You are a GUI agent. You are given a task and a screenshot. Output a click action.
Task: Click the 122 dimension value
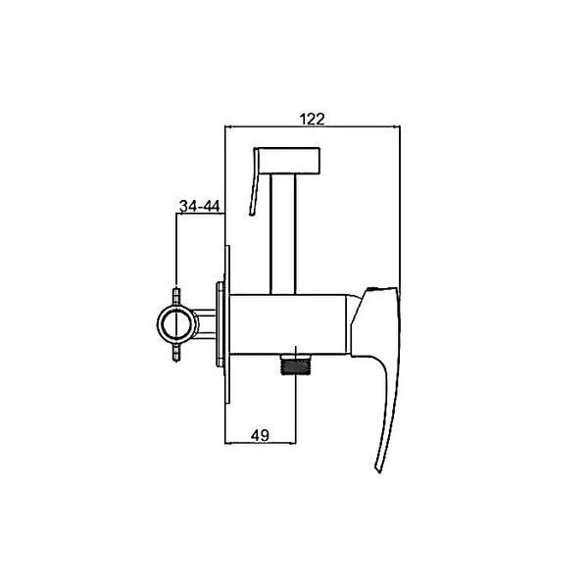tap(312, 119)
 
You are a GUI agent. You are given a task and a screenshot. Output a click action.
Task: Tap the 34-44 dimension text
tap(199, 206)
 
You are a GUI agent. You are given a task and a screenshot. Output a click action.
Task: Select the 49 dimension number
tap(260, 435)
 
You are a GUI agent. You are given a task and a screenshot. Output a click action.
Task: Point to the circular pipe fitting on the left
tap(177, 324)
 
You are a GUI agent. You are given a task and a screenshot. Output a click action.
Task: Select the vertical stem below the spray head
tap(283, 234)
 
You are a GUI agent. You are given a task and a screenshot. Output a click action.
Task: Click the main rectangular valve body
tap(287, 324)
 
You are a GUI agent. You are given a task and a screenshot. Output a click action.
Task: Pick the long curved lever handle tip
tap(379, 468)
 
